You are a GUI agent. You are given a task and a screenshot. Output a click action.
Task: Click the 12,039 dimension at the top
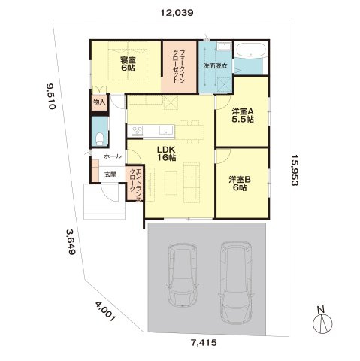point(177,13)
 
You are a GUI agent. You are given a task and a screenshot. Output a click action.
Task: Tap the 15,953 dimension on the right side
point(295,170)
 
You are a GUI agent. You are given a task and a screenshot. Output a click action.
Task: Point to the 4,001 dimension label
point(105,311)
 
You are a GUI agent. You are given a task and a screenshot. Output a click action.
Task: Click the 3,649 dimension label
point(71,241)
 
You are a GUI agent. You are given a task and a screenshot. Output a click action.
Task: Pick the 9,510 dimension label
point(50,96)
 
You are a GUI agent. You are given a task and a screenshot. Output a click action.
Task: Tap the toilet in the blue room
point(100,139)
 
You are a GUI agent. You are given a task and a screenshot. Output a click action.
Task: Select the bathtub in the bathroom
point(252,51)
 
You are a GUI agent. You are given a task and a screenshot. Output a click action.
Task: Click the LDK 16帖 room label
point(166,153)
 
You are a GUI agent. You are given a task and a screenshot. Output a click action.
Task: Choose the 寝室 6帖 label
point(128,64)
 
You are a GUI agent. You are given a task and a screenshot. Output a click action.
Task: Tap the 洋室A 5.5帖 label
point(243,115)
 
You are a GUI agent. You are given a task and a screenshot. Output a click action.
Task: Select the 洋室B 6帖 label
point(240,183)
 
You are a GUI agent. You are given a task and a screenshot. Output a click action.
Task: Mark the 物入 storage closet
point(100,102)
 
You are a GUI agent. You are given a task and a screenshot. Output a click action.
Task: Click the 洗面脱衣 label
point(215,66)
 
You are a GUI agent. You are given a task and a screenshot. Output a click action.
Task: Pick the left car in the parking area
point(183,275)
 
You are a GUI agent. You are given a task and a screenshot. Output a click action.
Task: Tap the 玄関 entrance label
point(110,175)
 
